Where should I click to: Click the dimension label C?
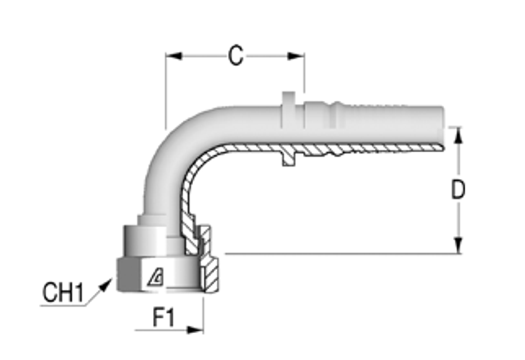236,56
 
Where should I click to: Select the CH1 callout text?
63,293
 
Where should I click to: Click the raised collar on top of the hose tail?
289,100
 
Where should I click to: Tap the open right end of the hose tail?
443,129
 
